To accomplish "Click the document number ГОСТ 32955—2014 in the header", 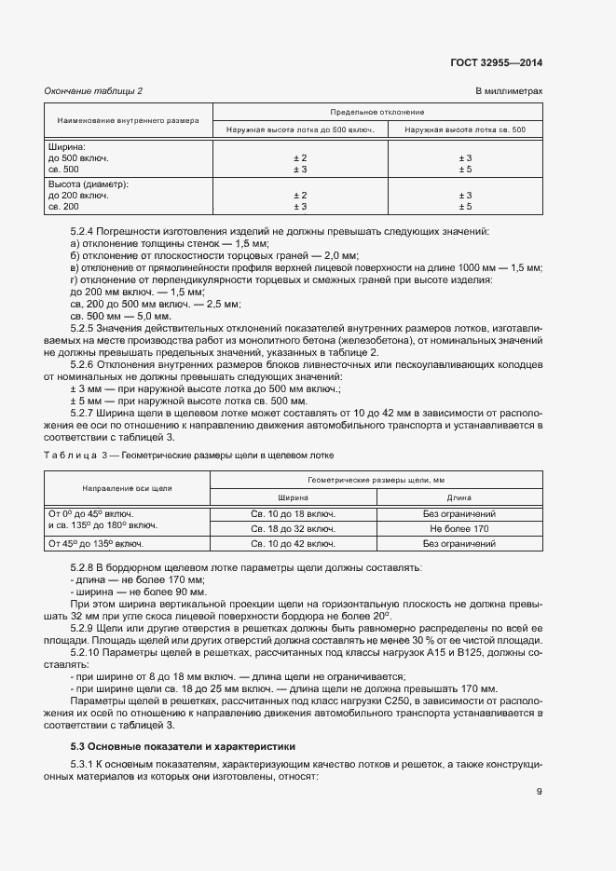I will [x=501, y=62].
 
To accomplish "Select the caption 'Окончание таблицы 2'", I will [x=94, y=90].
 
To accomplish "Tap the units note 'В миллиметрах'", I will [x=509, y=90].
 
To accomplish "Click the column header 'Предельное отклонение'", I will [x=377, y=111].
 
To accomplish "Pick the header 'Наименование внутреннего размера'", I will [x=128, y=120].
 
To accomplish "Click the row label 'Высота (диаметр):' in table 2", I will [x=88, y=184].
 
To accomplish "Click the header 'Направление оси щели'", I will [x=128, y=488].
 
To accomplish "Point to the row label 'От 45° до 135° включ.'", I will [x=94, y=543].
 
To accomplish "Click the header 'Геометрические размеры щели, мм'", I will [x=377, y=479].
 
